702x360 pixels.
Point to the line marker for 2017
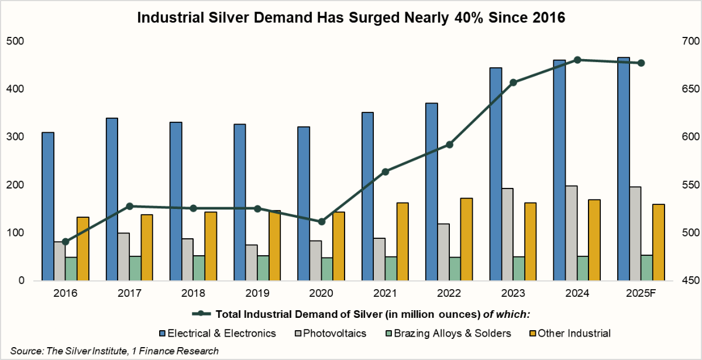pyautogui.click(x=130, y=206)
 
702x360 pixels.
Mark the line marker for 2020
pyautogui.click(x=322, y=222)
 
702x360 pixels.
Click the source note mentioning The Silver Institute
pyautogui.click(x=112, y=351)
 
